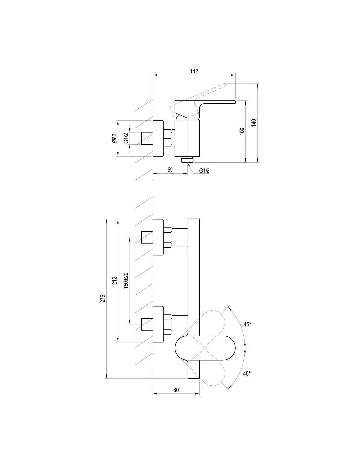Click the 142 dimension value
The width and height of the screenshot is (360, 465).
tap(194, 71)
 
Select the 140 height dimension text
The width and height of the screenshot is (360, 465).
tap(254, 123)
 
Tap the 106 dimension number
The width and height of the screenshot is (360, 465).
tap(242, 131)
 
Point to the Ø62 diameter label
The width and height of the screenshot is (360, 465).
tap(114, 138)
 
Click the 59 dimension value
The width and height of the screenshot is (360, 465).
tap(170, 170)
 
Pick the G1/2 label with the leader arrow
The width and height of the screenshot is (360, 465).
tap(204, 171)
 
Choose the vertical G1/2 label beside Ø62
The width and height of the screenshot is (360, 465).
tap(126, 138)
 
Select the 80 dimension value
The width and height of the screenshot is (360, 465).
tap(176, 390)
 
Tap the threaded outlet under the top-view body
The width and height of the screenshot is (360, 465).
tap(188, 160)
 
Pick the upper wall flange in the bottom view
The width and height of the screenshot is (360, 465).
tap(158, 237)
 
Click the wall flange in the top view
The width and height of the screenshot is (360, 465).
tap(158, 138)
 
